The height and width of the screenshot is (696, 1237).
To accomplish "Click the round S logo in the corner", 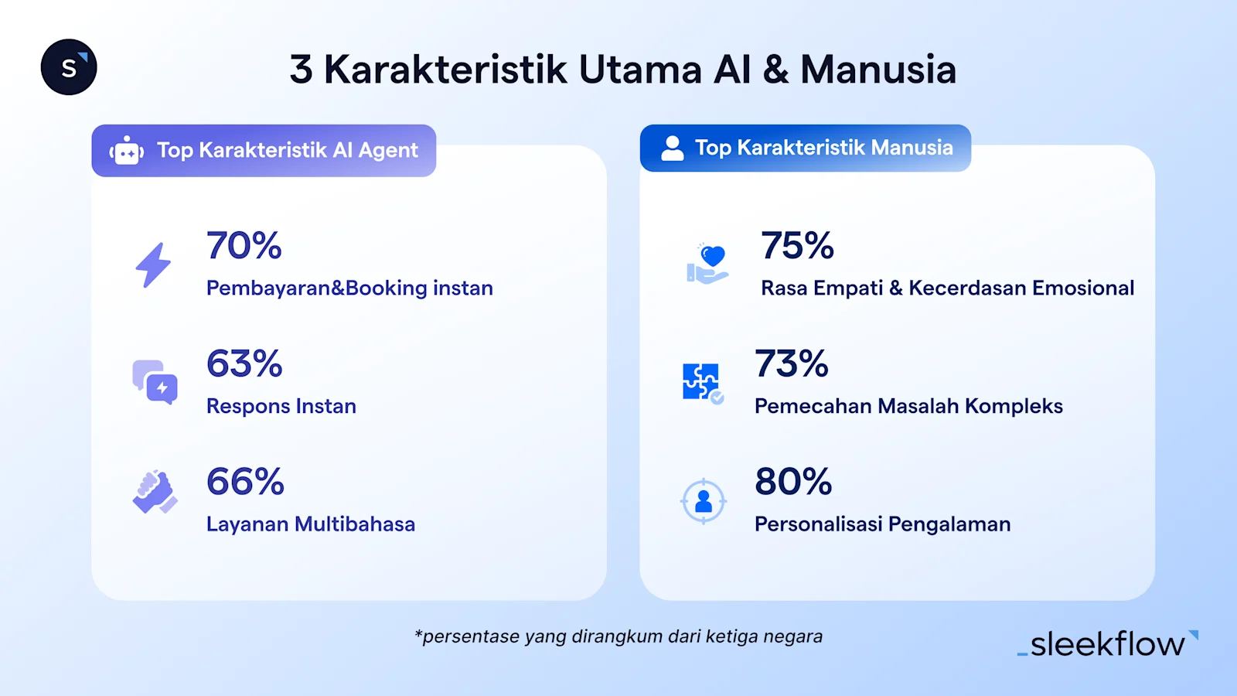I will [69, 67].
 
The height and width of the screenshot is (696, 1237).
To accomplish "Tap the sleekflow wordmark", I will [1108, 644].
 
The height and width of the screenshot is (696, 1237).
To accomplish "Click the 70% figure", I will [244, 246].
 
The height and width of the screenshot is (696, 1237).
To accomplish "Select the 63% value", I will [244, 363].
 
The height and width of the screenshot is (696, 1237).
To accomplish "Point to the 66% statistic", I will [245, 482].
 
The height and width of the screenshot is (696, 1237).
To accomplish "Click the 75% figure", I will [797, 246].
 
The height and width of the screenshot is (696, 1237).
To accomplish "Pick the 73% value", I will [792, 363].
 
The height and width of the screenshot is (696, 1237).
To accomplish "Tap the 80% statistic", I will [793, 482].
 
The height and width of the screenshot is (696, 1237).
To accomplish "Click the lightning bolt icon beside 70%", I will [153, 265].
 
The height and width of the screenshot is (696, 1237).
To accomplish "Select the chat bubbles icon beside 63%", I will [155, 382].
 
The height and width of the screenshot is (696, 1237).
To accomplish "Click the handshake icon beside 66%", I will [155, 492].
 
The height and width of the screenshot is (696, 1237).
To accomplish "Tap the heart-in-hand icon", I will [707, 264].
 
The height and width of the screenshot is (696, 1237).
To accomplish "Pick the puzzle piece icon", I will [702, 382].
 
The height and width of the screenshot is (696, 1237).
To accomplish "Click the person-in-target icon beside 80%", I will [703, 501].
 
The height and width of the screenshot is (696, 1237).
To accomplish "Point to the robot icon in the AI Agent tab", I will [127, 151].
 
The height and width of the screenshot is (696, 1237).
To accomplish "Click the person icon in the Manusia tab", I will [673, 148].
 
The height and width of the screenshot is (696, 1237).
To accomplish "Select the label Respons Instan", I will [281, 406].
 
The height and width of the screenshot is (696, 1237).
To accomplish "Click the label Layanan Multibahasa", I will [311, 524].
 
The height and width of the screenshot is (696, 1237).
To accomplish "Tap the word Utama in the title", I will [640, 70].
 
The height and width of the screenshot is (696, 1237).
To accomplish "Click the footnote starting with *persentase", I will [618, 636].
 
